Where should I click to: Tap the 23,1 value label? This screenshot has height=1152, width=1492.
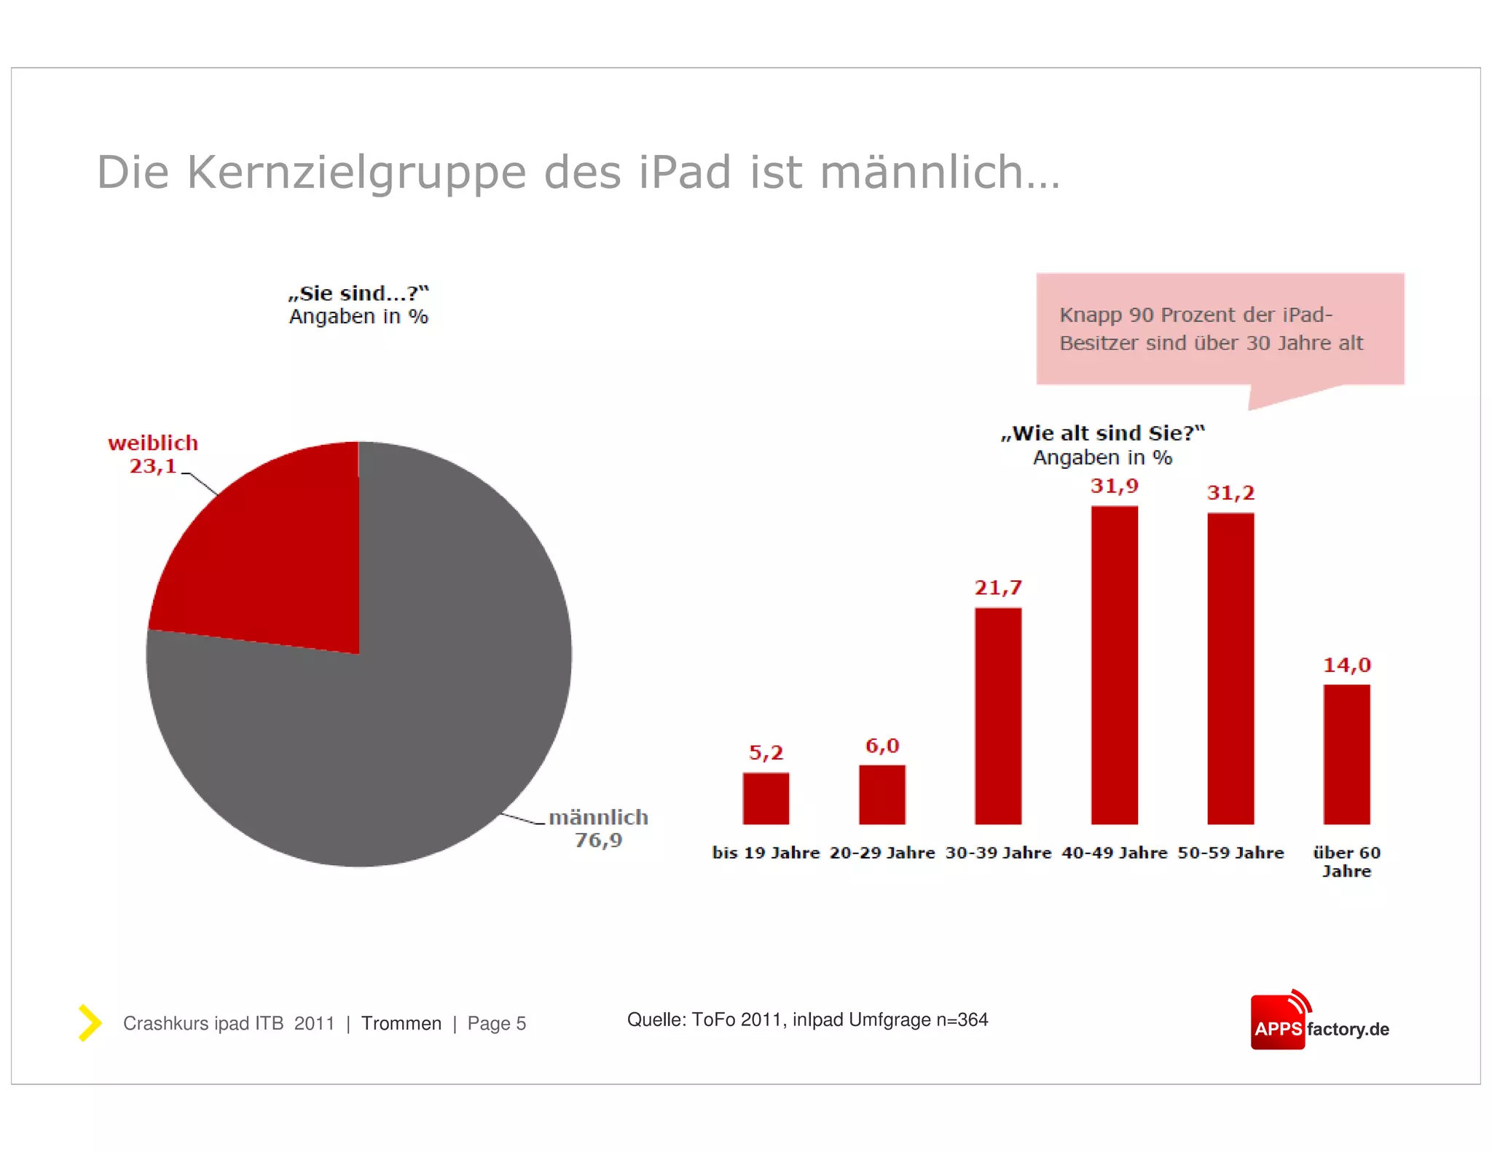[x=153, y=466]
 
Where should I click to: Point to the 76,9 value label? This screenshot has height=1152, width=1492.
[x=598, y=840]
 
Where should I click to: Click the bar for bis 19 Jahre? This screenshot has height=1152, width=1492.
[x=766, y=798]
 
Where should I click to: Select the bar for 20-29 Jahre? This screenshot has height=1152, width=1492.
[x=882, y=794]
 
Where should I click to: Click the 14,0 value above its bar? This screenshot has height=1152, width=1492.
[x=1346, y=665]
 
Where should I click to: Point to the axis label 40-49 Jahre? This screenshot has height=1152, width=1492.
[x=1114, y=853]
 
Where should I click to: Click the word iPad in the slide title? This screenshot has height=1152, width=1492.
[x=685, y=173]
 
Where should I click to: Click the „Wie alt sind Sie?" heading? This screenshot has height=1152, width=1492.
[x=1102, y=433]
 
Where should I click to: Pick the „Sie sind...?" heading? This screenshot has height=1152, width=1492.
[x=358, y=293]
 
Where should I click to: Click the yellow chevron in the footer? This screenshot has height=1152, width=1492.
[x=90, y=1022]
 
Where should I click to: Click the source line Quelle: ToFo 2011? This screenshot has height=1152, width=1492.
[x=806, y=1019]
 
